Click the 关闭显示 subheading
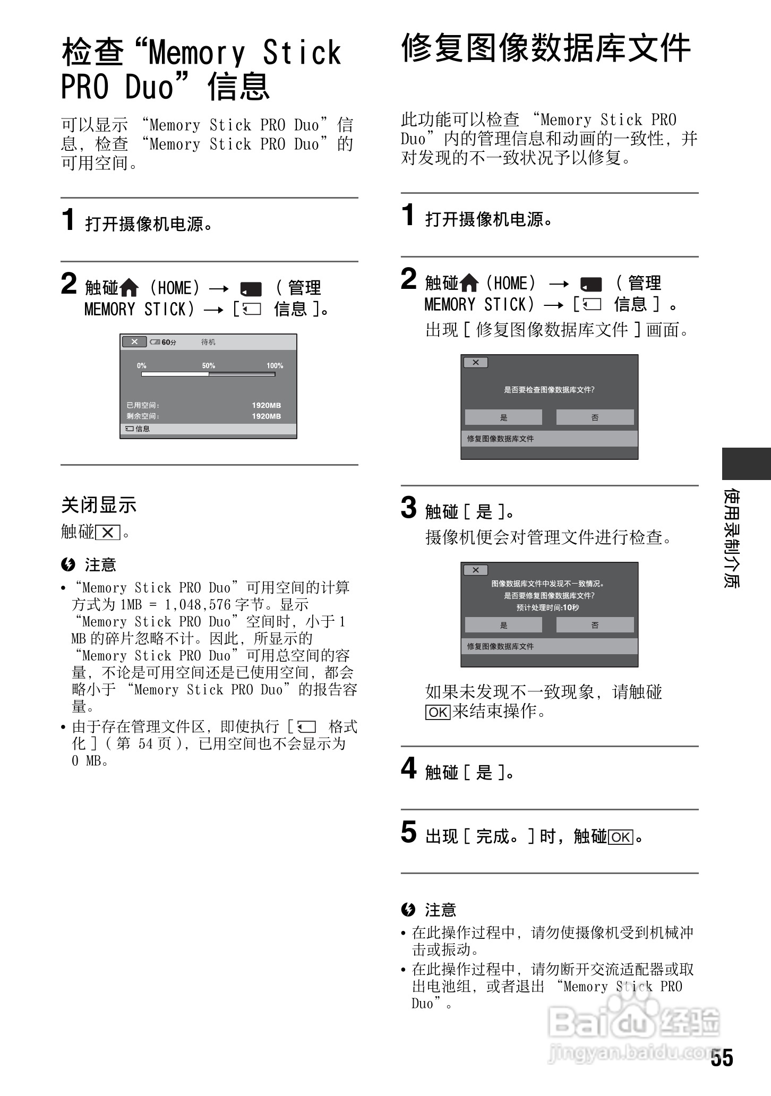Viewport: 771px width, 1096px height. [x=99, y=504]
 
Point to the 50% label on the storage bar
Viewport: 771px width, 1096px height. [x=208, y=366]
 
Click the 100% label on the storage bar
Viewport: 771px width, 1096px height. [x=275, y=366]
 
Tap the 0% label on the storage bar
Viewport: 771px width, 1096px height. [x=141, y=366]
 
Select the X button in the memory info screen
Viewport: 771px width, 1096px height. [x=134, y=342]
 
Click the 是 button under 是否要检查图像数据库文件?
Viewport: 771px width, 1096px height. [x=503, y=417]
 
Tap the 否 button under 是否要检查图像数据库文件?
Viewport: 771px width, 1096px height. [x=595, y=417]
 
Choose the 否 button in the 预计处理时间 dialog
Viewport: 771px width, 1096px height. [x=595, y=625]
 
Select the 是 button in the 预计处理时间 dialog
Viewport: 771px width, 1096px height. [x=503, y=625]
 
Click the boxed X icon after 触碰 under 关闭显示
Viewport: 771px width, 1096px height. [x=108, y=533]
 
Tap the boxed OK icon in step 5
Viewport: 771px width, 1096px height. [x=621, y=837]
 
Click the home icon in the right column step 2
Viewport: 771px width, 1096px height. [x=469, y=284]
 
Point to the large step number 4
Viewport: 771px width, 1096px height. [x=408, y=768]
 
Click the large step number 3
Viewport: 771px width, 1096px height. [x=408, y=508]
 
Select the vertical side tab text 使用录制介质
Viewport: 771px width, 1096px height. [x=731, y=538]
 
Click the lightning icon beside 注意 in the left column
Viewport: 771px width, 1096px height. [x=67, y=564]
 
